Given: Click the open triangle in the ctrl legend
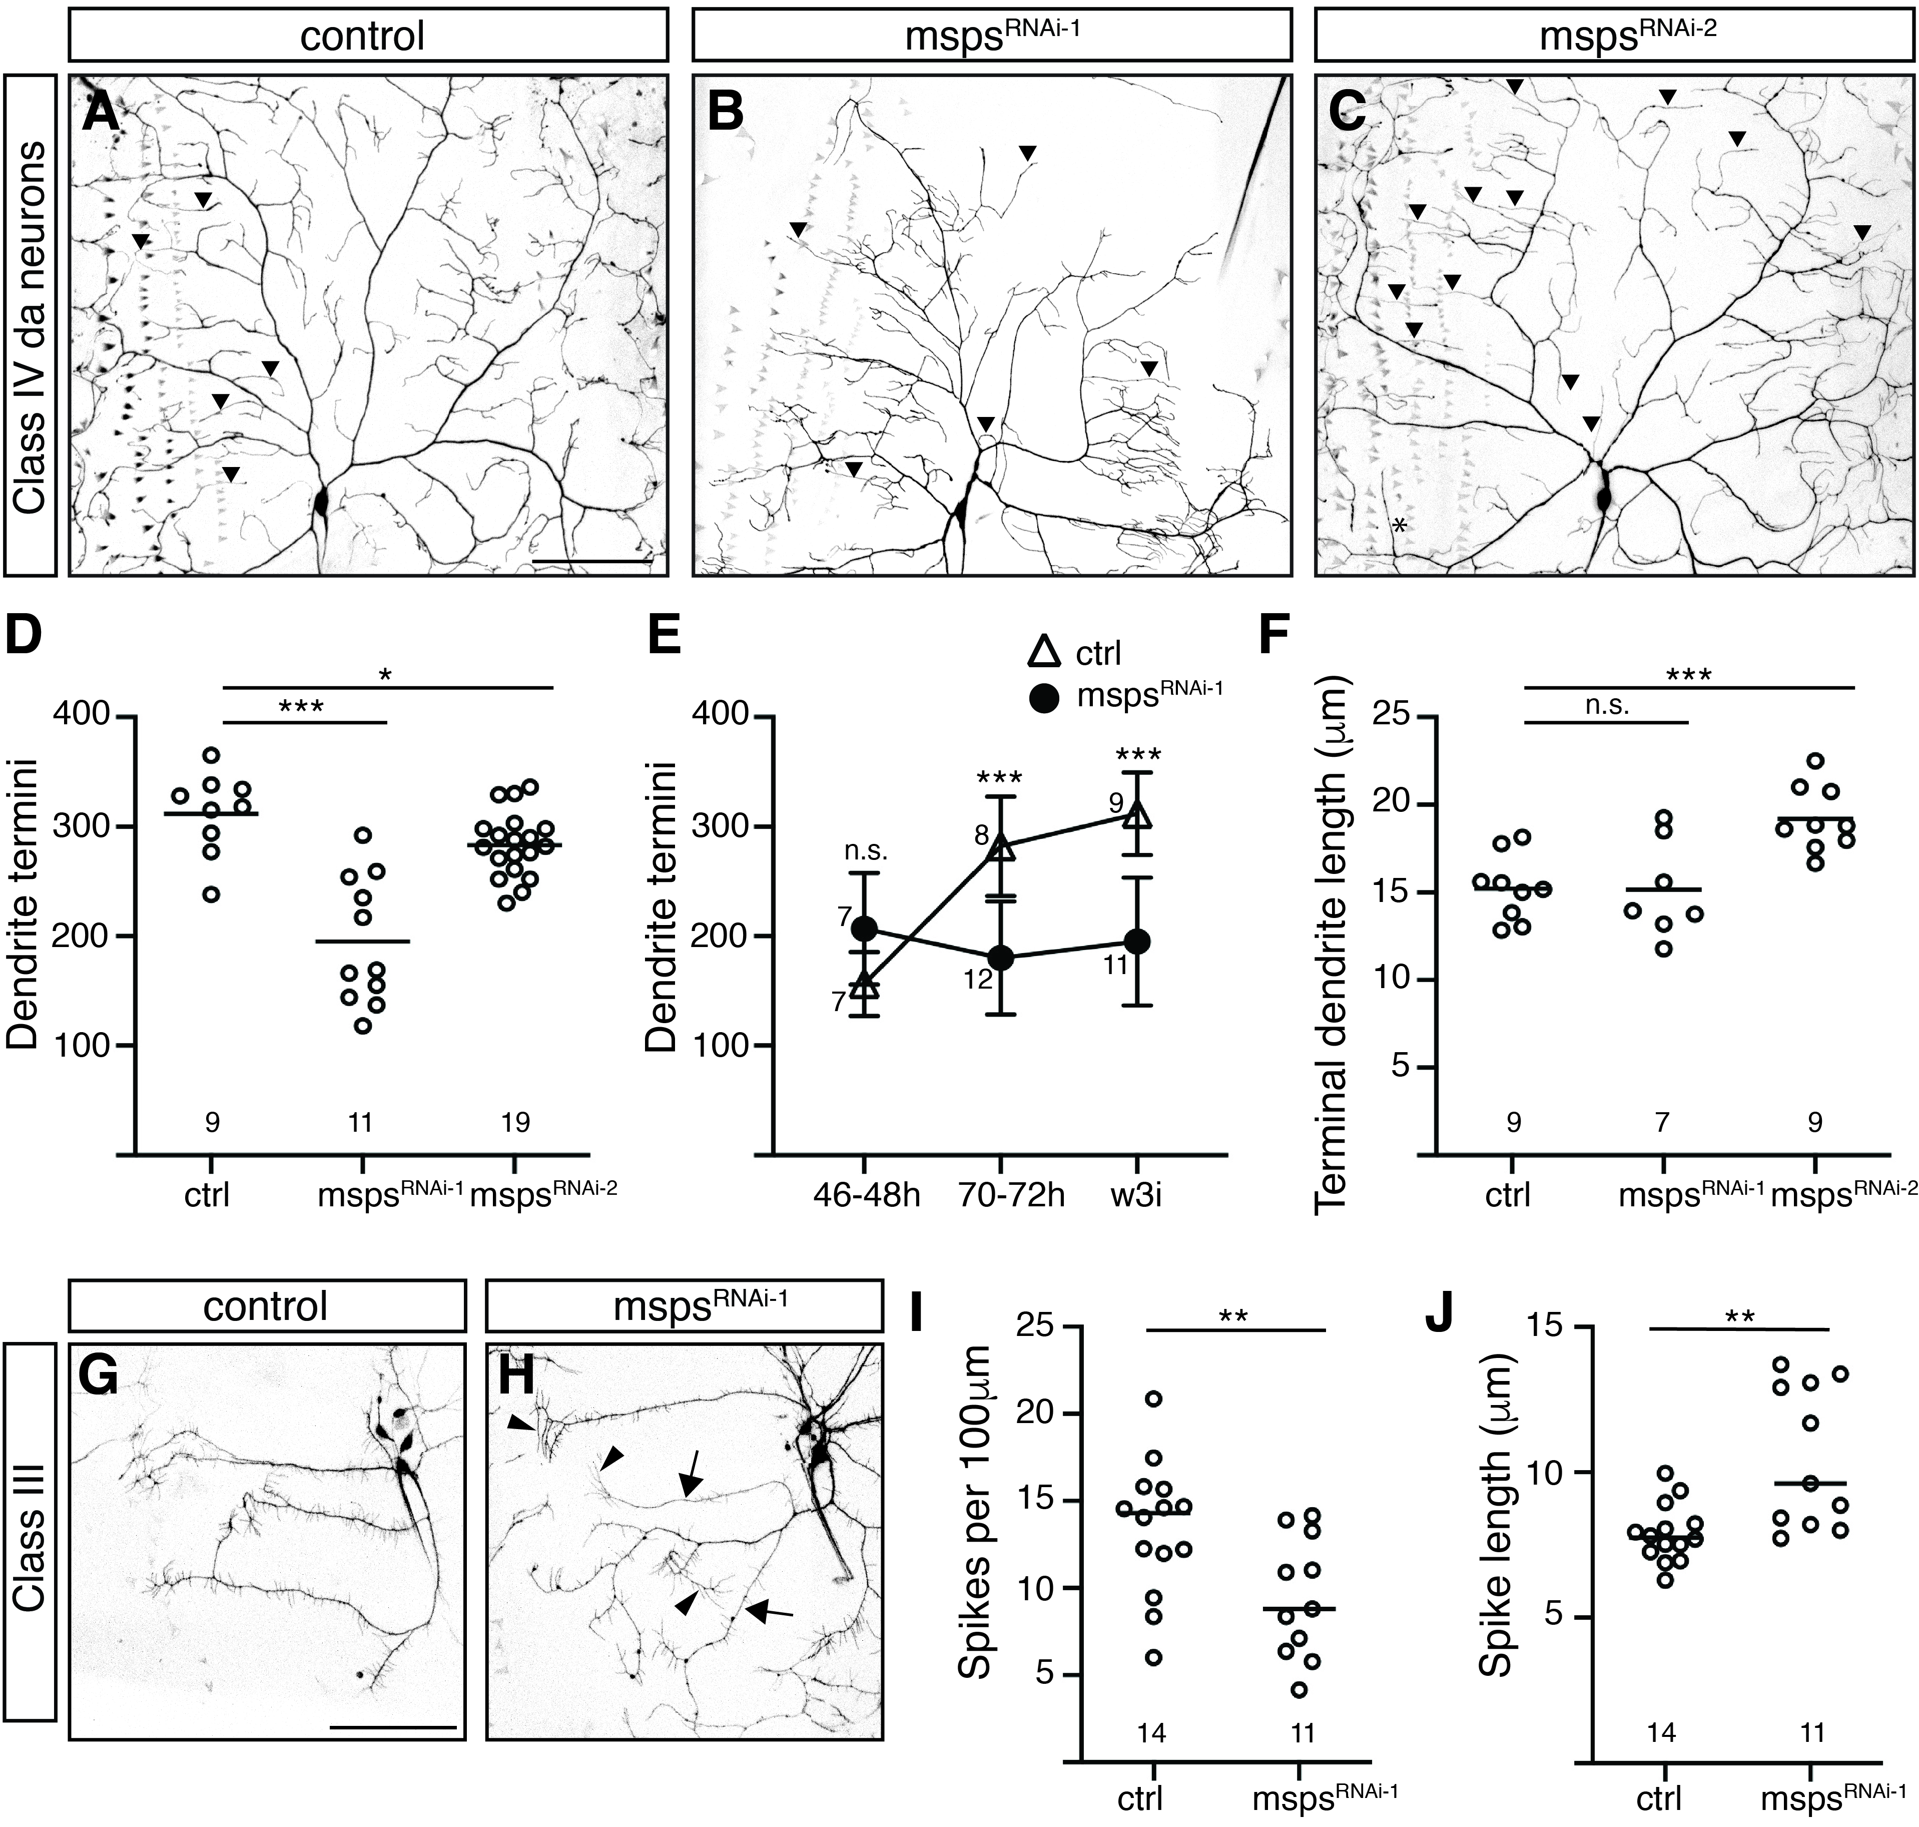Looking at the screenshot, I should (1045, 653).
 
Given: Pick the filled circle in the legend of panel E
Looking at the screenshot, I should (1045, 697).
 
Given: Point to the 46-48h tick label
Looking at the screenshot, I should (865, 1194).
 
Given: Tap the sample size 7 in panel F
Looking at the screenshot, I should (1662, 1123).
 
